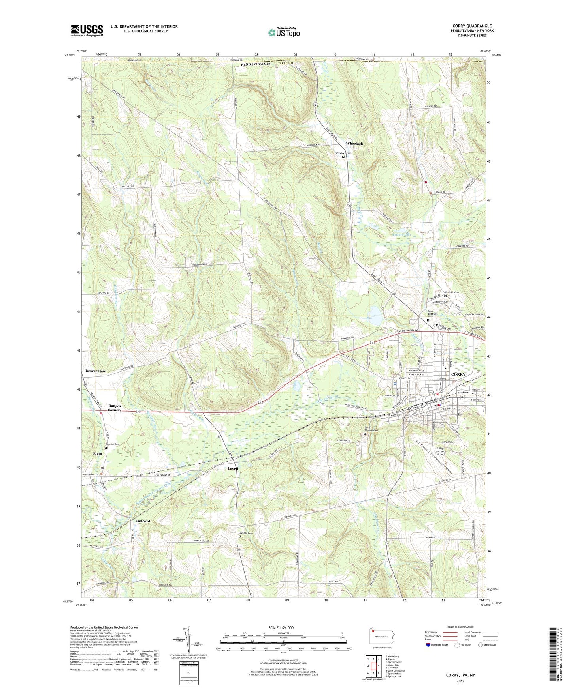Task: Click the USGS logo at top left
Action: [x=87, y=30]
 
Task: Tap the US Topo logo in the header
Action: [x=283, y=32]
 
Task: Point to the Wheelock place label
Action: [x=354, y=144]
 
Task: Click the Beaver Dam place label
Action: [x=96, y=371]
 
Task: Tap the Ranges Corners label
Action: [x=115, y=408]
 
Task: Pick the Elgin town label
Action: [x=97, y=454]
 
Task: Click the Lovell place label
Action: [x=233, y=468]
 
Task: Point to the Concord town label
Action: [x=143, y=521]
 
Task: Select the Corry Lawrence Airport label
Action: [x=440, y=451]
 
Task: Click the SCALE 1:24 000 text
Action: [x=284, y=627]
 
